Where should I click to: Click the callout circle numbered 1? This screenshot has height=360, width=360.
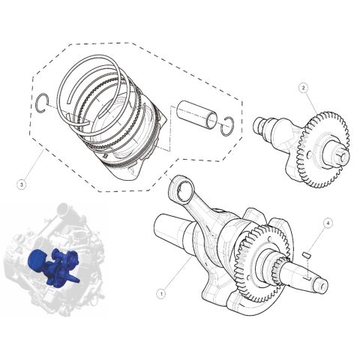point(160,295)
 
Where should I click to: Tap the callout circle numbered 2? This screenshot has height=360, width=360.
point(303,88)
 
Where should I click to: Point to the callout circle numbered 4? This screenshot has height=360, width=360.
point(327,223)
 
